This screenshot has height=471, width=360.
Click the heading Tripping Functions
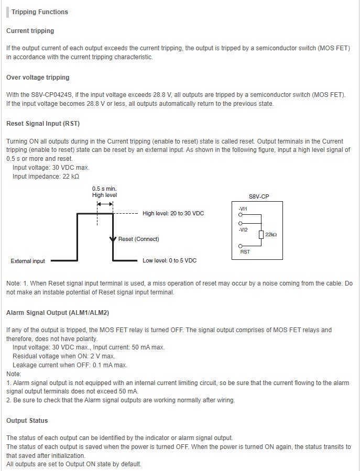tap(40, 12)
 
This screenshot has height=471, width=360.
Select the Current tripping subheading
tap(30, 31)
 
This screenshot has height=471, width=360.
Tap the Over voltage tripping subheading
tap(38, 78)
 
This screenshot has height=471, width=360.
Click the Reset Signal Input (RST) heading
tap(43, 124)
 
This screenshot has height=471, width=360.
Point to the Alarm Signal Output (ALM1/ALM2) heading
tap(58, 313)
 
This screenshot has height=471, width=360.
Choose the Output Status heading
tap(27, 421)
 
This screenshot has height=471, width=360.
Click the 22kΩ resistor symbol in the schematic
tap(261, 235)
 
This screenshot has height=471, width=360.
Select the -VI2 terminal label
tap(242, 229)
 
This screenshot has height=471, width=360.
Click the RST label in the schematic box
tap(245, 252)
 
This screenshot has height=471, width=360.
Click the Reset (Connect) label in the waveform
tap(138, 239)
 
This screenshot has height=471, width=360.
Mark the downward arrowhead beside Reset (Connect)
tap(112, 240)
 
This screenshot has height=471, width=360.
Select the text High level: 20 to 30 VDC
tap(173, 214)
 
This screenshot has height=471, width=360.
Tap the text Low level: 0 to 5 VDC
tap(169, 260)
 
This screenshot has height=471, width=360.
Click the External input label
tap(28, 261)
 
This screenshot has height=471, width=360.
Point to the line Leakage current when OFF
tap(70, 365)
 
